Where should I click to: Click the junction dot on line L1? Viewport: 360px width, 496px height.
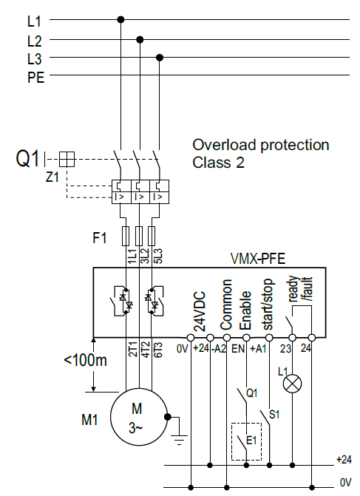coord(120,20)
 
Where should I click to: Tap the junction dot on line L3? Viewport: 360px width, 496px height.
coord(160,58)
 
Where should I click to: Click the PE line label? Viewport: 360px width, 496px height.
coord(35,78)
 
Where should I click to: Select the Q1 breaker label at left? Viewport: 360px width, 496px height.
coord(27,158)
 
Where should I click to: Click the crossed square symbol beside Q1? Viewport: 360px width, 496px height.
coord(67,159)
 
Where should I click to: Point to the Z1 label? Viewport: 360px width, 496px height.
coord(52,177)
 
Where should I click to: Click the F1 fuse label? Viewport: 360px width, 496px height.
coord(99,238)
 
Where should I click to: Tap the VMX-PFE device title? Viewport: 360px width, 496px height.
coord(258,259)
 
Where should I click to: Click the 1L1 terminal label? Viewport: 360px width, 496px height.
coord(132,257)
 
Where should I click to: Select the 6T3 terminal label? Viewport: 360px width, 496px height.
coord(157,350)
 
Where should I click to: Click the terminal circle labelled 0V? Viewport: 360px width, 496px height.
coord(191,338)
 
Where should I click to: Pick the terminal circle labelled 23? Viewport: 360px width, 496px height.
coord(292,338)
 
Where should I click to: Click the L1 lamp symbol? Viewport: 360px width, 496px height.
coord(292,384)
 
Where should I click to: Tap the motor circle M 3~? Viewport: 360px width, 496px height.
coord(139,417)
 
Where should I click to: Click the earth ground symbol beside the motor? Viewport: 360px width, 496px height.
coord(179,438)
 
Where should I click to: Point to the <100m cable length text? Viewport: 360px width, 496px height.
coord(86,360)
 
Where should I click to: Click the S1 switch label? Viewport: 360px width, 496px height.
coord(274,415)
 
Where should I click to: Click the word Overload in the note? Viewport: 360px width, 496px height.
coord(224,145)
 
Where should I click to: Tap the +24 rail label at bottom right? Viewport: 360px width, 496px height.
coord(344,459)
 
